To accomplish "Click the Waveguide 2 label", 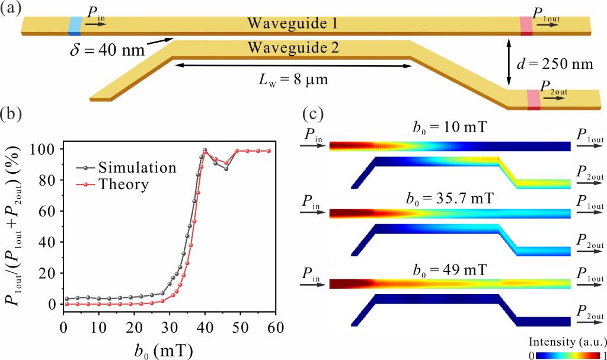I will pos(293,48).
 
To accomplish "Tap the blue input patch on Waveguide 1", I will pos(75,26).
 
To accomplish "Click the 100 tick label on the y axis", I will pos(47,150).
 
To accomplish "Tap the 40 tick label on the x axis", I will pos(205,326).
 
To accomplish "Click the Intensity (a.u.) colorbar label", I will pos(566,342).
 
